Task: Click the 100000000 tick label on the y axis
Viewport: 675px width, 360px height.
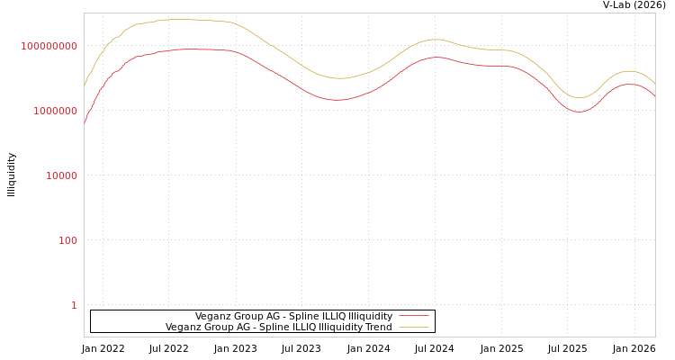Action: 49,46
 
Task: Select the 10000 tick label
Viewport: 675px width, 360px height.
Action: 61,175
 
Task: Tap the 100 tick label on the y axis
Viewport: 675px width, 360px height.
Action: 67,240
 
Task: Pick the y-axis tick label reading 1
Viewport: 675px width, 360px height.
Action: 74,305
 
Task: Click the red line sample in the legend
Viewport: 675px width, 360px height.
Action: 413,316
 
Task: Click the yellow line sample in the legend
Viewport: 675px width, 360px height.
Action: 413,327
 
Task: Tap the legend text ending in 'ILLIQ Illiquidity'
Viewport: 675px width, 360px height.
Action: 293,316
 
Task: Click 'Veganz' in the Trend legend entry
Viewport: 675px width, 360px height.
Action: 184,327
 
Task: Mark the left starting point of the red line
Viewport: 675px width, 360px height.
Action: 85,123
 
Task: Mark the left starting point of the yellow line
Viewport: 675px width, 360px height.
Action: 85,85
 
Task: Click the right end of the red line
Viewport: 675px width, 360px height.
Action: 655,96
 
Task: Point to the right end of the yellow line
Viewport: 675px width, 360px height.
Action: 655,84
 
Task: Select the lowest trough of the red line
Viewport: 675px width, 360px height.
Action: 579,112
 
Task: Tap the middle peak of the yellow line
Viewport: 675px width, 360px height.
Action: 436,40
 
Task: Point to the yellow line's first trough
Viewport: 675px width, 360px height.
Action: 338,78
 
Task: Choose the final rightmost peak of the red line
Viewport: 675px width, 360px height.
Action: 632,85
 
